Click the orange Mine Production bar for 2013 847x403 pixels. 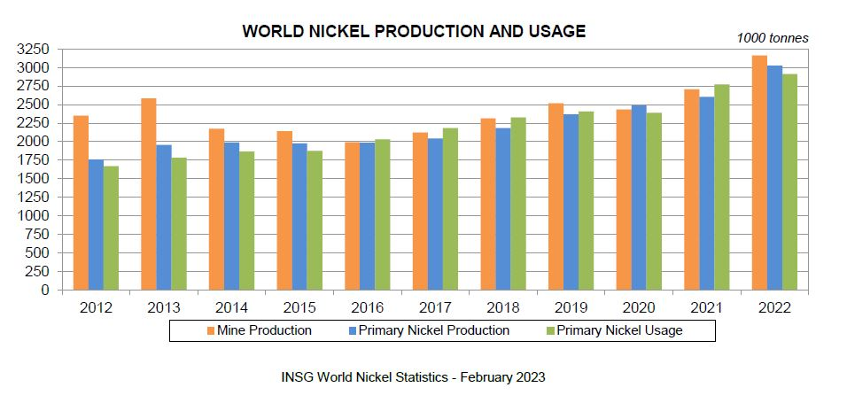pos(149,194)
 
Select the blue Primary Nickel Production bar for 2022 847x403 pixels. pos(774,177)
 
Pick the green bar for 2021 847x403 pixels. pos(721,187)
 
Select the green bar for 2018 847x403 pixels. pos(517,203)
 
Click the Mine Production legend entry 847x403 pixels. pos(260,330)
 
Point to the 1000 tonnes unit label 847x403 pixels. pos(773,38)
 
